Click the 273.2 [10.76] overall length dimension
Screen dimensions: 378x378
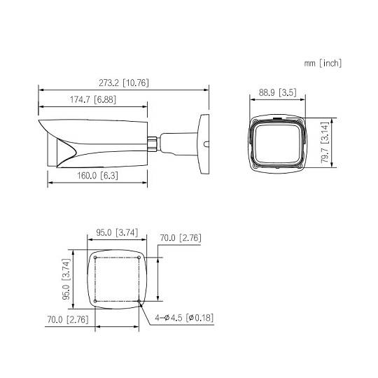pos(124,83)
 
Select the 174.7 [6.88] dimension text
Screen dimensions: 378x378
pos(93,99)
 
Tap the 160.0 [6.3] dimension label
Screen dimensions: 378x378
pos(97,176)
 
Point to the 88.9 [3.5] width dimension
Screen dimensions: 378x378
pos(278,92)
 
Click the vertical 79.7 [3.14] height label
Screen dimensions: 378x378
pos(325,143)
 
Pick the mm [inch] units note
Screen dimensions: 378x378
pos(323,63)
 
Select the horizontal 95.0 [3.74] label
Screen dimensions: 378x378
pos(117,232)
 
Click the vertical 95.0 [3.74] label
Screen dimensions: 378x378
pos(66,279)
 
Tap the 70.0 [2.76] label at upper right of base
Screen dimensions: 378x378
pos(181,238)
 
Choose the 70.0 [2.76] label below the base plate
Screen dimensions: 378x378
pos(68,320)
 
